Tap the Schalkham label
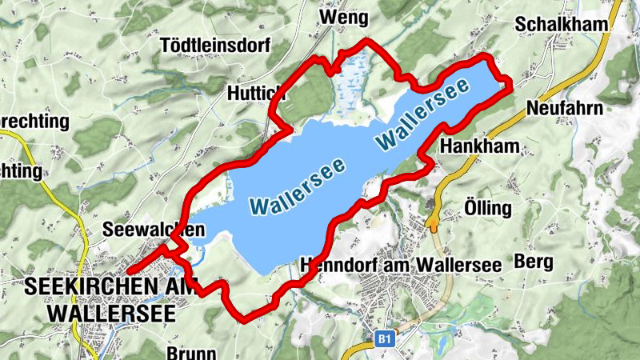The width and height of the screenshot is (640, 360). [x=562, y=24]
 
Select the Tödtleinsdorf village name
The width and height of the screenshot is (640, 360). [x=215, y=45]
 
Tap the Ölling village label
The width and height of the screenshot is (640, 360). [x=487, y=209]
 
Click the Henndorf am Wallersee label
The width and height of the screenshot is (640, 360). [x=400, y=265]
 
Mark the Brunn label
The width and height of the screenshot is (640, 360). [x=189, y=351]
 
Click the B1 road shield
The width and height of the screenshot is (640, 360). [x=385, y=340]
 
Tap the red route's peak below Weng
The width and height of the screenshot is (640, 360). [x=366, y=40]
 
